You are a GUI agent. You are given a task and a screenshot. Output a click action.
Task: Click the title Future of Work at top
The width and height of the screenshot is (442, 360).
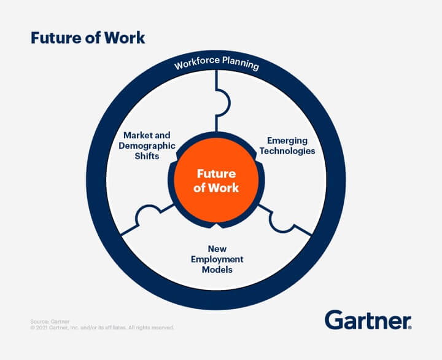click(88, 38)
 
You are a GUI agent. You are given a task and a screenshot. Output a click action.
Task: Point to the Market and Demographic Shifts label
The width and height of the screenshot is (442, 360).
click(148, 145)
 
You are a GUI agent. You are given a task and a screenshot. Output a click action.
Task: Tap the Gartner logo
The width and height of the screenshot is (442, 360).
click(368, 321)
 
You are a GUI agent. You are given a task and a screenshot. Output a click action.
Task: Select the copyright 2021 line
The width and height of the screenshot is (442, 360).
click(102, 328)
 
